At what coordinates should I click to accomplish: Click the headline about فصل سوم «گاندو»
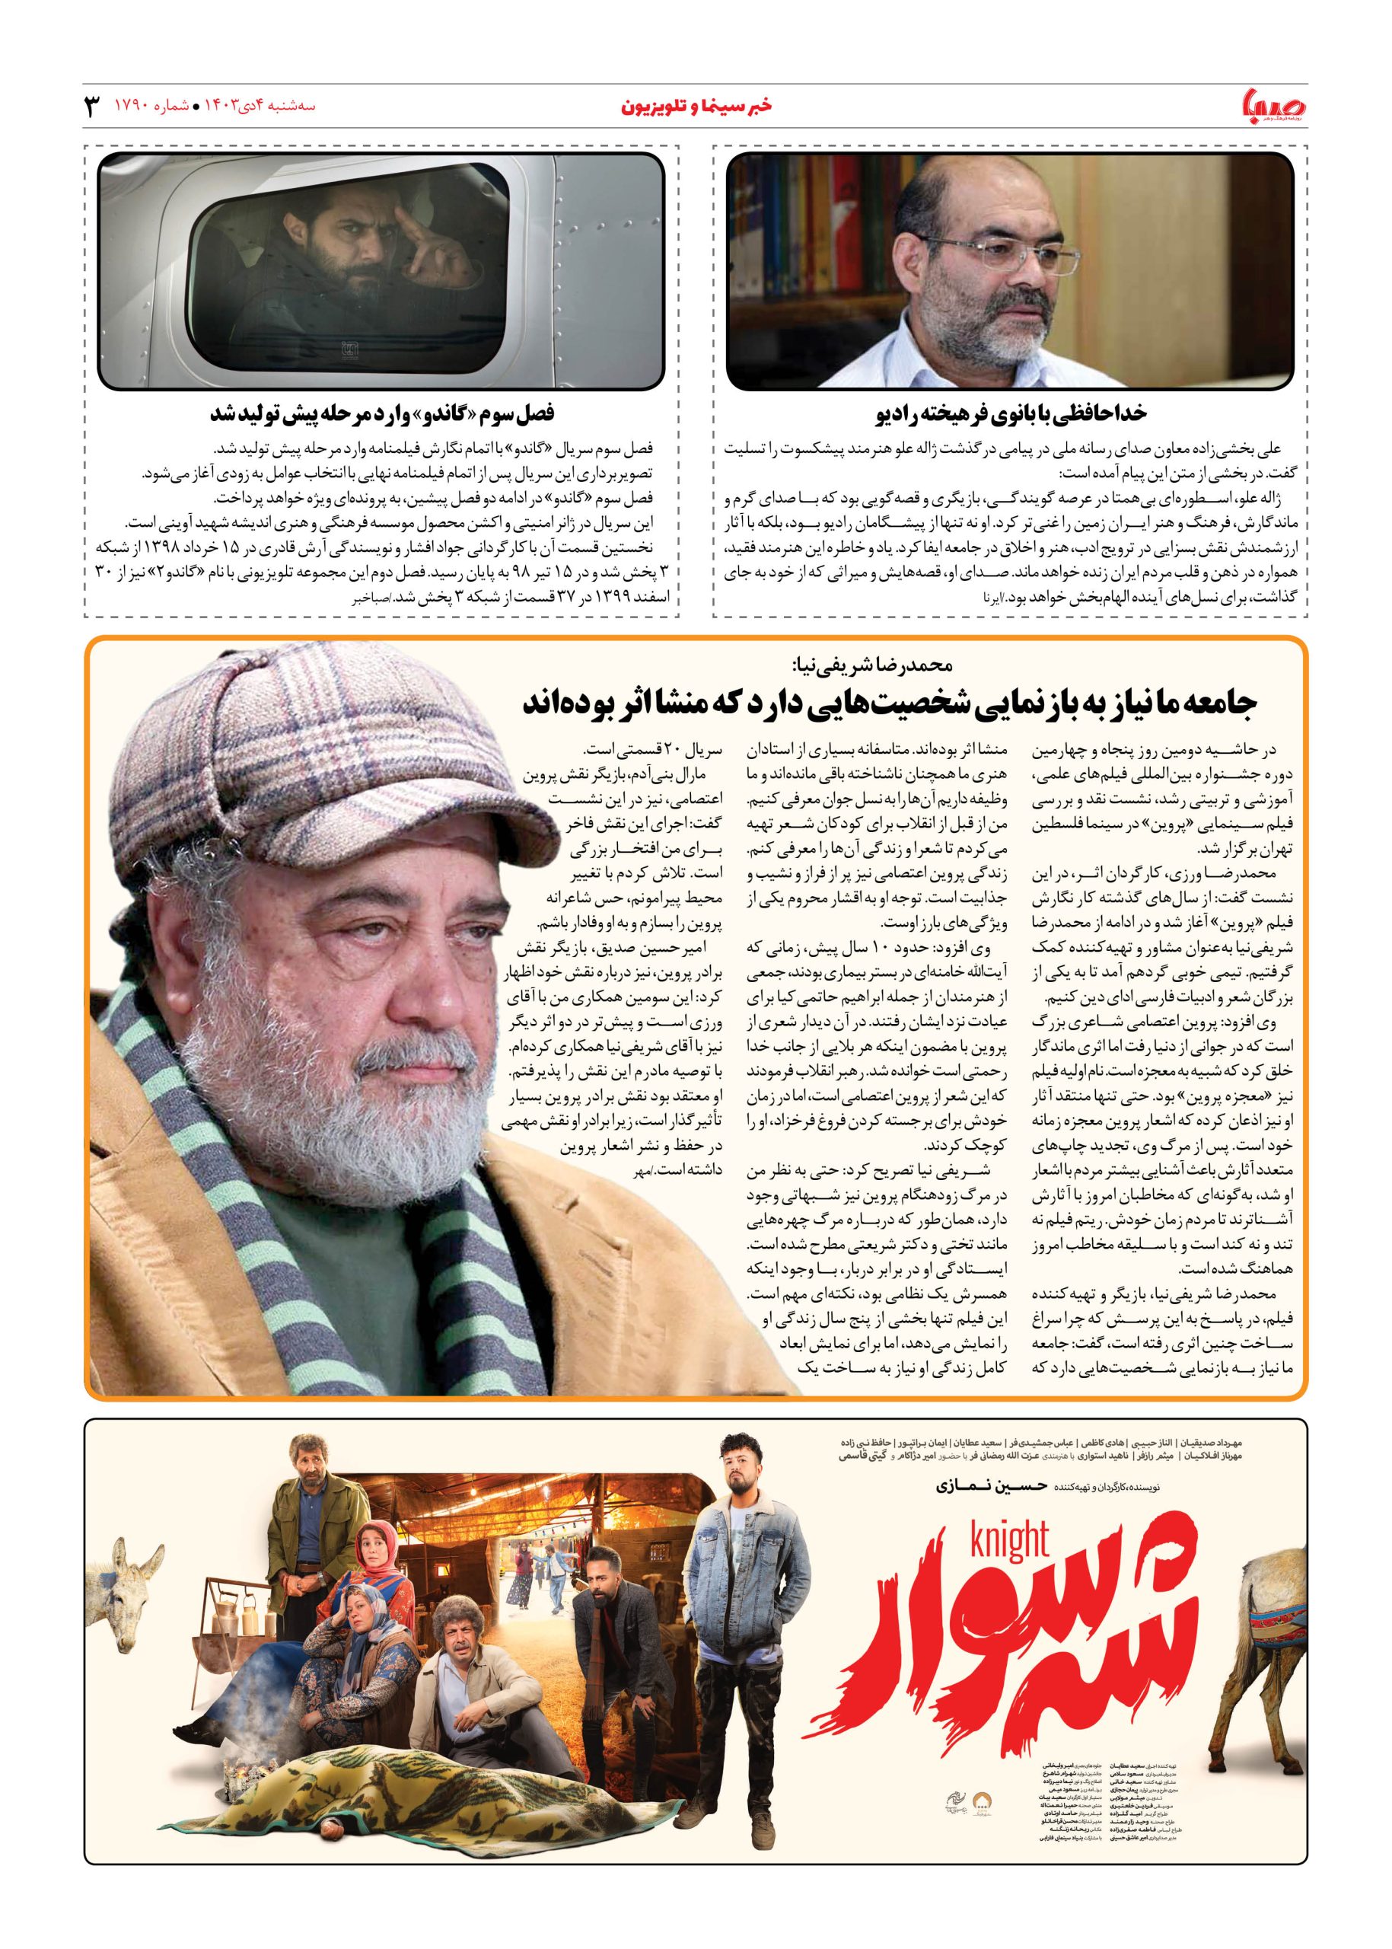[382, 413]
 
